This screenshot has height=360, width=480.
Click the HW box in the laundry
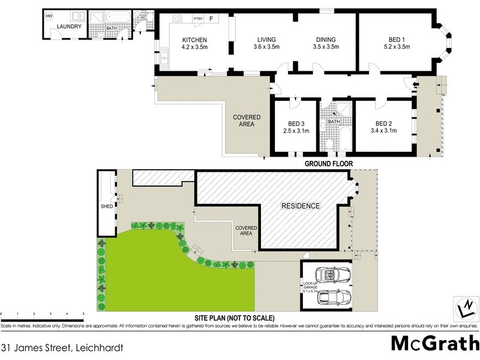click(49, 16)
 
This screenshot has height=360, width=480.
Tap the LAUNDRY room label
click(69, 26)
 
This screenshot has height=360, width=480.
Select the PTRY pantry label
click(198, 19)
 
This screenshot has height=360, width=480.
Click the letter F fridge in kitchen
click(211, 19)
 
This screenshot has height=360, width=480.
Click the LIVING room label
click(267, 40)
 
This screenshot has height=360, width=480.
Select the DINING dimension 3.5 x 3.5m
click(326, 47)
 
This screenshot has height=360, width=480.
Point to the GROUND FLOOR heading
click(328, 163)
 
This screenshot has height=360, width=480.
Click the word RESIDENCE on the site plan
click(301, 206)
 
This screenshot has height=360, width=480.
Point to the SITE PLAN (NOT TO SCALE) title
click(233, 317)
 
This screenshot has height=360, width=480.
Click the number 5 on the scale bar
click(83, 314)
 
